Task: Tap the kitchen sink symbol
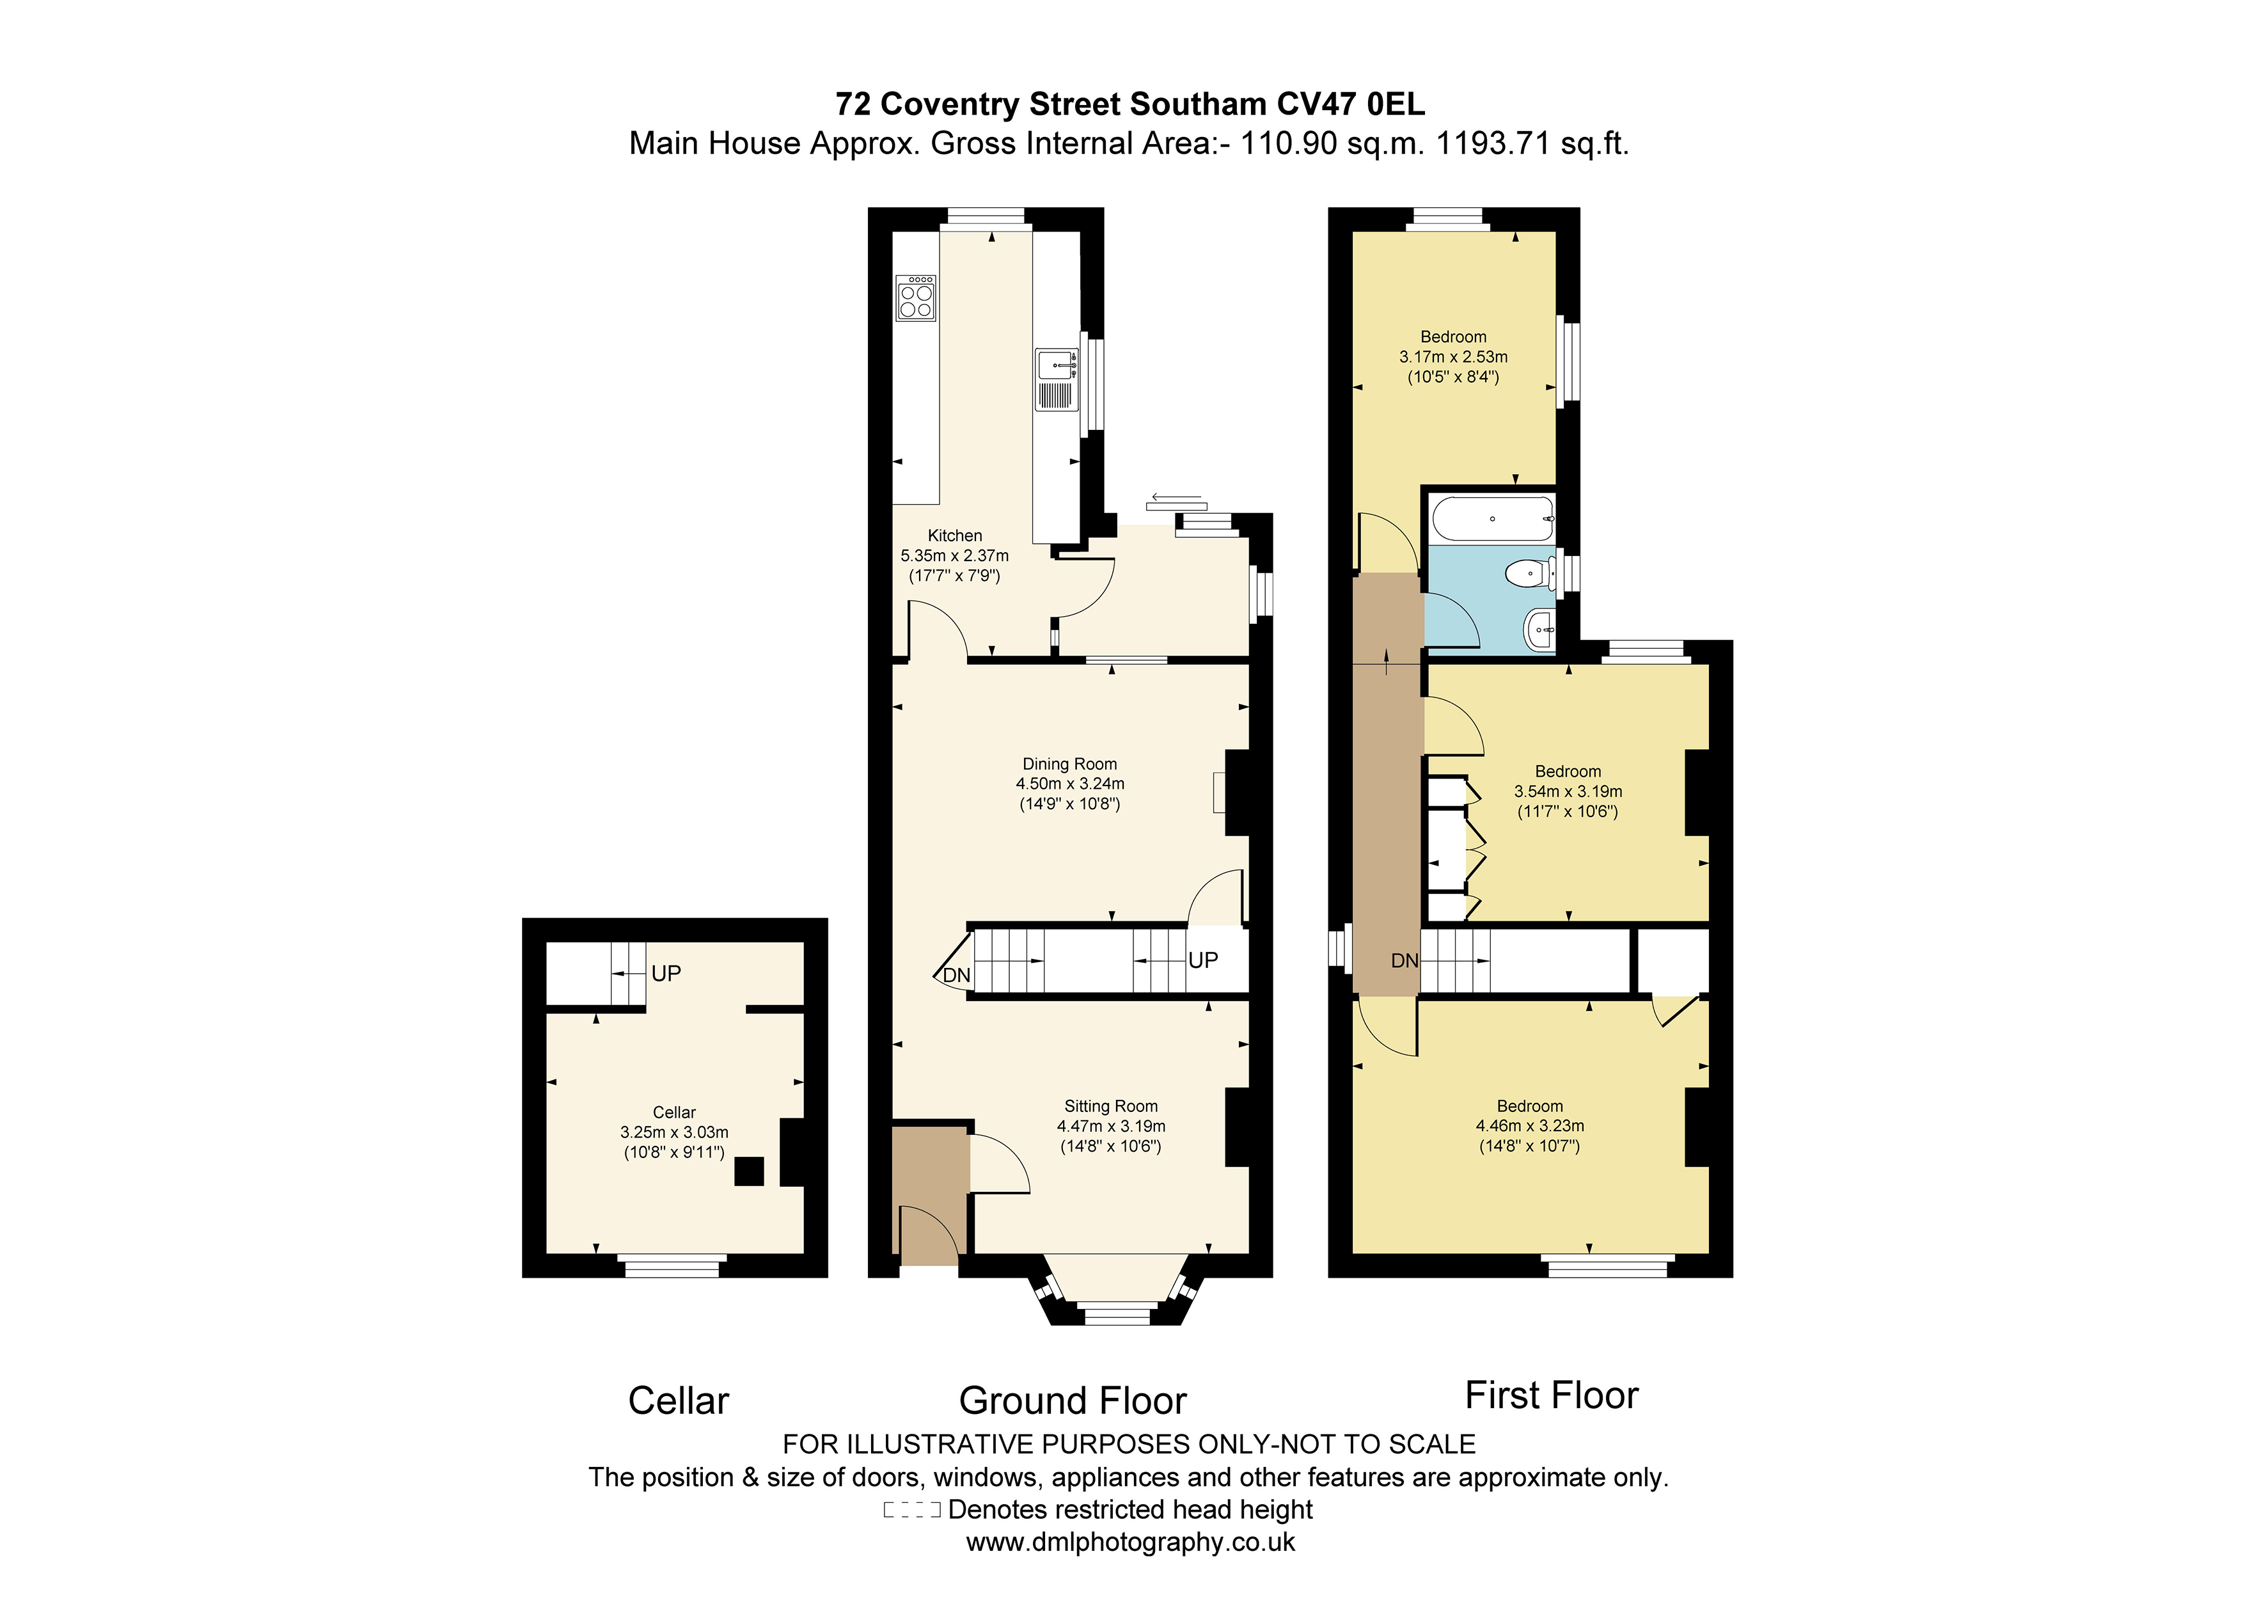pos(1056,379)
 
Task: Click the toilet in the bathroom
pos(1530,573)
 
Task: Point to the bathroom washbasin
pos(1539,629)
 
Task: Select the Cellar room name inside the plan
pos(674,1113)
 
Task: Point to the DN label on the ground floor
pos(956,975)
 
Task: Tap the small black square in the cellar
pos(749,1171)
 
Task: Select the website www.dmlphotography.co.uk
pos(1130,1542)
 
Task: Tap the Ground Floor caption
pos(1072,1400)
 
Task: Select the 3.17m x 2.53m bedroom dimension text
pos(1452,356)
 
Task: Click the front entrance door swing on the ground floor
pos(929,1235)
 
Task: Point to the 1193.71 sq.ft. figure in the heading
pos(1530,144)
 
